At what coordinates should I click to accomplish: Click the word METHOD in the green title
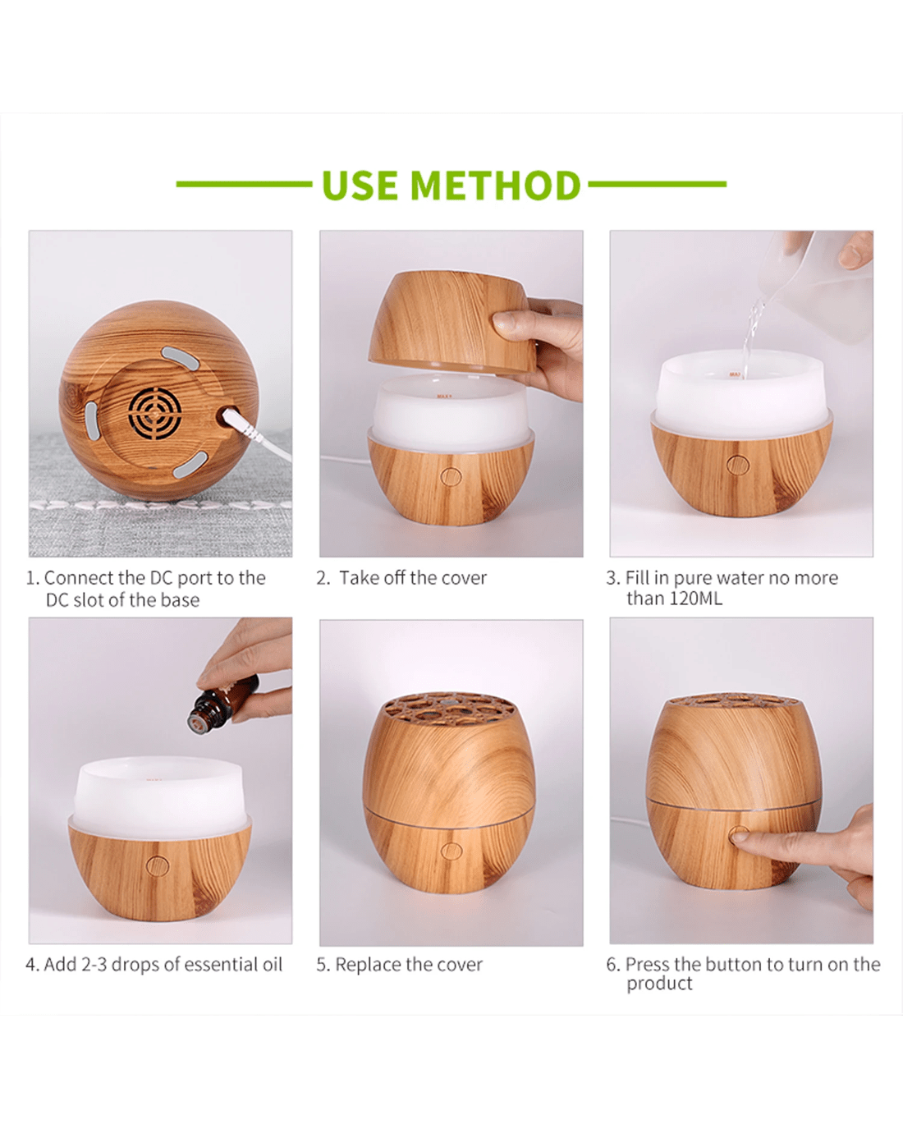(496, 185)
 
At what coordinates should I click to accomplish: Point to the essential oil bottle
(223, 704)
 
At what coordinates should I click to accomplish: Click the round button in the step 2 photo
(451, 476)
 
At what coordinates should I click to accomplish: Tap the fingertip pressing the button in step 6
(740, 835)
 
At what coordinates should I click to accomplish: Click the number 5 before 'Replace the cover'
(322, 965)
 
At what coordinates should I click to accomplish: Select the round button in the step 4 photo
(158, 866)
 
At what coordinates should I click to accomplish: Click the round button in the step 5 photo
(451, 851)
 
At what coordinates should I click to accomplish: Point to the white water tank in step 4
(159, 796)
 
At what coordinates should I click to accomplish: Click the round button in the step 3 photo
(738, 464)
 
